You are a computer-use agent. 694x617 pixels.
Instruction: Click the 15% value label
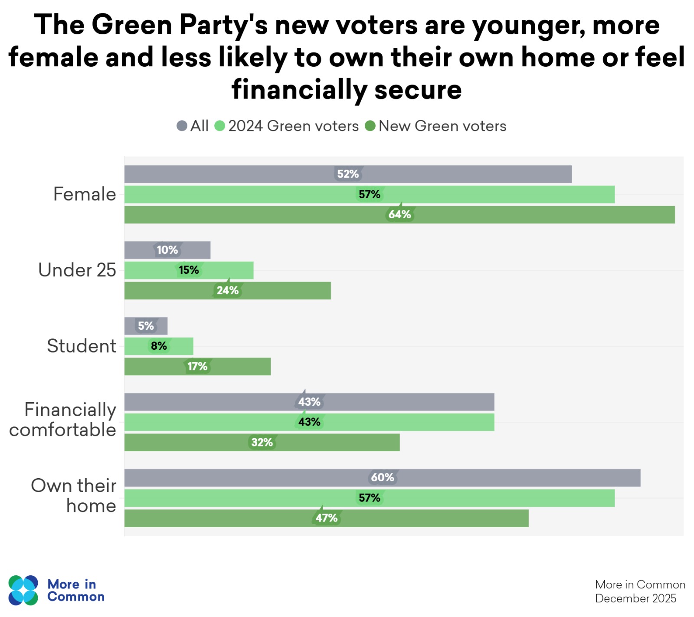point(189,270)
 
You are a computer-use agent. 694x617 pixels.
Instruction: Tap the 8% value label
point(159,346)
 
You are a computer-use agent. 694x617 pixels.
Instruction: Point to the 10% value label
point(167,250)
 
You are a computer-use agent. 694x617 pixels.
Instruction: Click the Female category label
point(85,194)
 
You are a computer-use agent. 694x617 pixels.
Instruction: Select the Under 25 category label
point(77,270)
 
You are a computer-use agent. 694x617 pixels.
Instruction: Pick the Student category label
point(82,346)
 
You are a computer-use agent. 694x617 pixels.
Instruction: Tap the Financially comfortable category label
point(63,420)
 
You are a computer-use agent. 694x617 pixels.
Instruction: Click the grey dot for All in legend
point(182,126)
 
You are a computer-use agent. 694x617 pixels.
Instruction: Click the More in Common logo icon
point(23,590)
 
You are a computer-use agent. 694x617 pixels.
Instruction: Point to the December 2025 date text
point(635,599)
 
